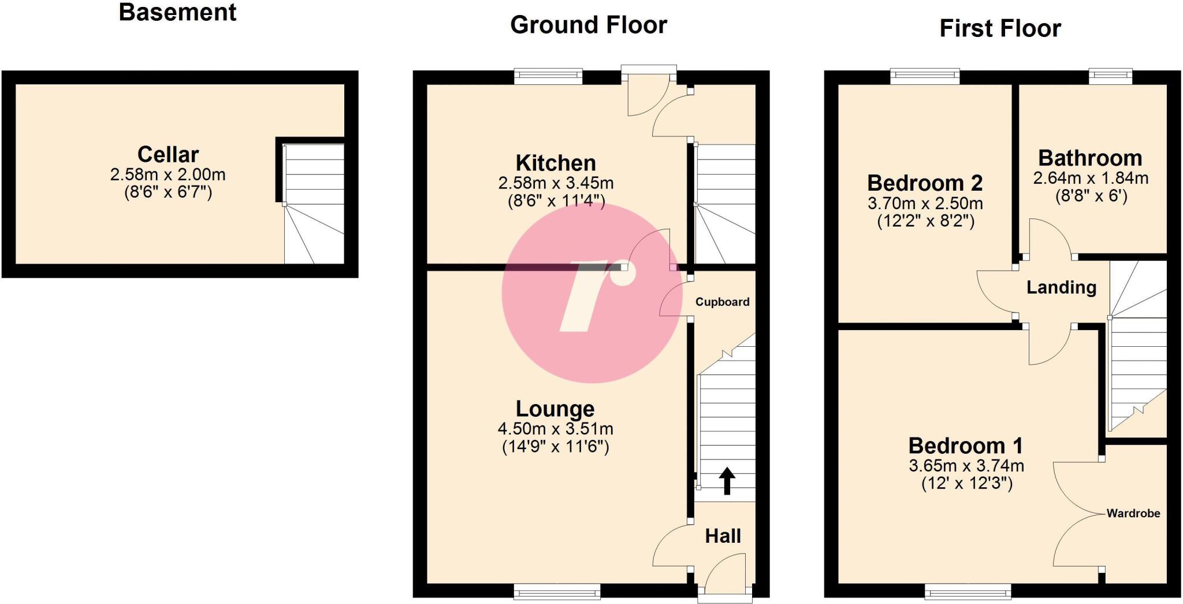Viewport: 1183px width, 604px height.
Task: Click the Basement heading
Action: [x=177, y=12]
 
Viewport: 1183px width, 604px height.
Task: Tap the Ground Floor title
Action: [x=589, y=25]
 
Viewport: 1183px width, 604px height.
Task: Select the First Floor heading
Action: [x=1000, y=28]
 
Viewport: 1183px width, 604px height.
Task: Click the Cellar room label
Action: [x=168, y=154]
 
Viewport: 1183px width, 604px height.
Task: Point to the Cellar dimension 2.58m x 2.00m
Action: [x=168, y=174]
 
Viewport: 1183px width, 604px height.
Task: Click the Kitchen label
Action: [x=556, y=163]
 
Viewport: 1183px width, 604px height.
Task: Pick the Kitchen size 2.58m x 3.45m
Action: [x=556, y=183]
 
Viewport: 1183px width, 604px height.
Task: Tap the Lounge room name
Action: [x=555, y=409]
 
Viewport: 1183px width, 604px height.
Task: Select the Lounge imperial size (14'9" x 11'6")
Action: [x=555, y=447]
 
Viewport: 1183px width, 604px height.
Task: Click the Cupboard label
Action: [x=722, y=302]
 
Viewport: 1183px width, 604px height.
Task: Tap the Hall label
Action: [x=723, y=536]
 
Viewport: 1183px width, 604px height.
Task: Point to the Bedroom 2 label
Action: [x=925, y=183]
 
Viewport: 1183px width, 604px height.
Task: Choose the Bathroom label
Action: [x=1090, y=158]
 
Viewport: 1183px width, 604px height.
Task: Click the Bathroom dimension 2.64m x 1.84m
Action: [x=1091, y=178]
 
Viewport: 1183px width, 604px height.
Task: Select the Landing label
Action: [x=1061, y=287]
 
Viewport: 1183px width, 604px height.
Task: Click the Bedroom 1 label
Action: [x=966, y=446]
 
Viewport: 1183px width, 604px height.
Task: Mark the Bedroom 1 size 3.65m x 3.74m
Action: [x=966, y=465]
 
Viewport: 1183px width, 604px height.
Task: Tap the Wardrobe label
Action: [x=1133, y=513]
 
